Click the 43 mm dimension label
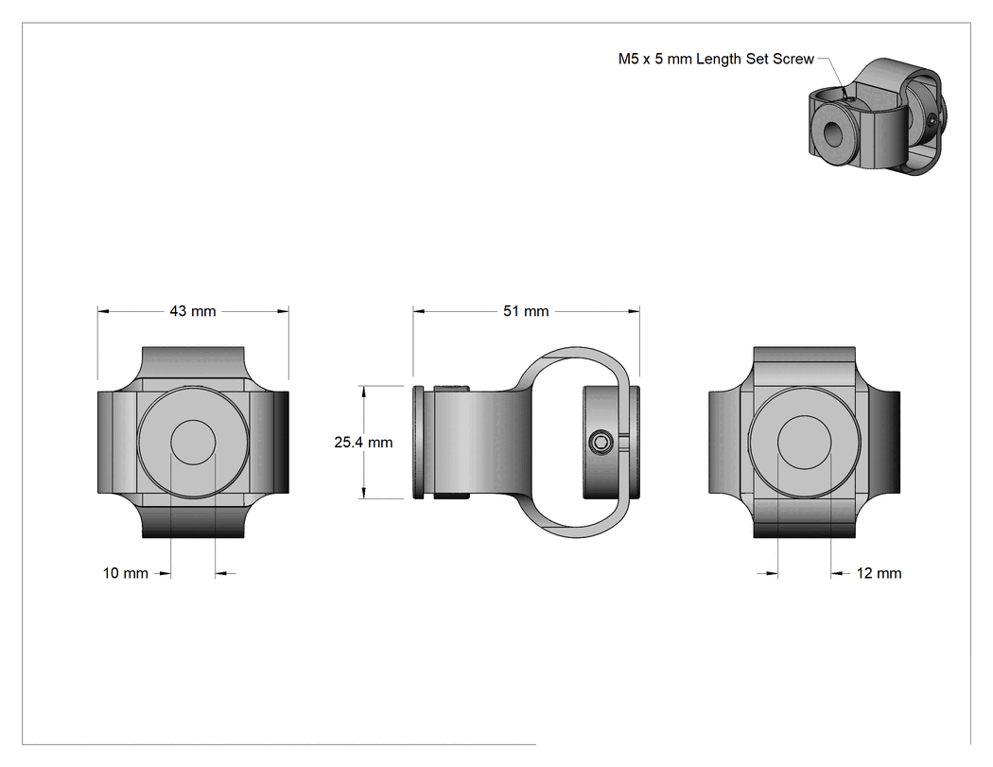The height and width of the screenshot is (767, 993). click(193, 311)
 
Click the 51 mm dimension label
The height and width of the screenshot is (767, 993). click(526, 311)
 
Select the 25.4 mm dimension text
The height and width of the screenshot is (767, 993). click(363, 442)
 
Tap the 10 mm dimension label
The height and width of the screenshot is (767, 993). click(126, 573)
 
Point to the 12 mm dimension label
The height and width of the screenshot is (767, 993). click(879, 573)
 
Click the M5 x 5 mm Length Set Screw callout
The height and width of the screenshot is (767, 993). click(716, 59)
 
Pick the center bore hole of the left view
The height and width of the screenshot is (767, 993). click(193, 442)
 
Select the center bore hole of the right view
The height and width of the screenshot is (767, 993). click(804, 443)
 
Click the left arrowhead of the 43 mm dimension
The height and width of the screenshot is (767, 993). click(103, 311)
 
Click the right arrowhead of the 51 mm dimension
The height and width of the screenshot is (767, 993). click(634, 311)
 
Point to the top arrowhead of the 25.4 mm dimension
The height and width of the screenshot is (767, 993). click(363, 392)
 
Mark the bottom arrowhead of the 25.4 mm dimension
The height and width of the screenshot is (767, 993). click(363, 492)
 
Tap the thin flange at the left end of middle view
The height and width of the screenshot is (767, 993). click(418, 442)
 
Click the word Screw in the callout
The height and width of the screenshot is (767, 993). click(793, 59)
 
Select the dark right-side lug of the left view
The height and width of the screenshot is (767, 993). click(281, 442)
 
